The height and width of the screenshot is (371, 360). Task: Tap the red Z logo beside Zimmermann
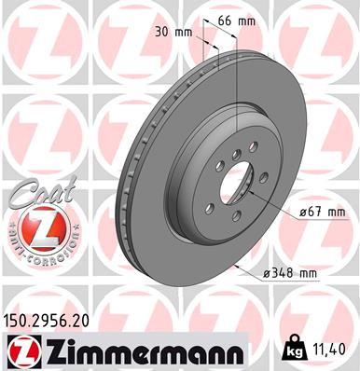[22, 350]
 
